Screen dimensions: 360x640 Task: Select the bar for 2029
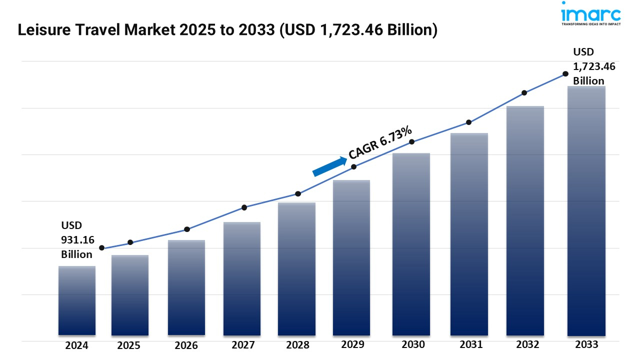[x=351, y=257]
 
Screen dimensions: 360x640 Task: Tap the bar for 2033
[x=586, y=210]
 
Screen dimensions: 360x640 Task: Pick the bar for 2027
[x=242, y=278]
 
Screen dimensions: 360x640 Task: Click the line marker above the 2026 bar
[x=187, y=229]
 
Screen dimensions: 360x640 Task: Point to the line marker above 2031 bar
[x=469, y=122]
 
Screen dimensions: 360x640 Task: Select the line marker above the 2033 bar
[x=565, y=73]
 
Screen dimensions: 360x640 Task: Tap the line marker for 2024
[x=102, y=248]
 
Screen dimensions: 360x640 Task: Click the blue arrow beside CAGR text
[x=329, y=166]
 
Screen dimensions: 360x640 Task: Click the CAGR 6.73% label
[x=380, y=143]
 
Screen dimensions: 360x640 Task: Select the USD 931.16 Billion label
[x=77, y=240]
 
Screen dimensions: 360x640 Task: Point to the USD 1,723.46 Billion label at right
[x=594, y=66]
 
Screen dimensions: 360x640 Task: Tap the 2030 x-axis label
[x=413, y=344]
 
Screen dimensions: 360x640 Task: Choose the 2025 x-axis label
[x=129, y=345]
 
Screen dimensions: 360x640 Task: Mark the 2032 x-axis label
[x=527, y=344]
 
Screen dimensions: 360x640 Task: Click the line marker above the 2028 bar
[x=298, y=193]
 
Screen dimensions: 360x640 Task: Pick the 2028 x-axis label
[x=297, y=345]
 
